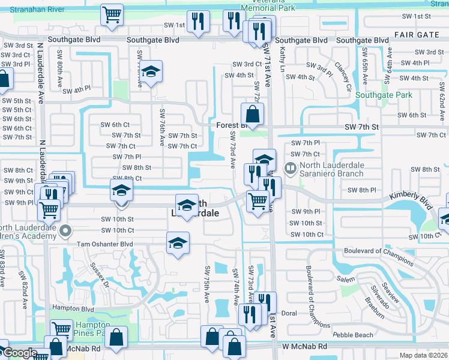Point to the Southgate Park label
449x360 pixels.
[383, 95]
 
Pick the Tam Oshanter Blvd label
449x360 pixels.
[105, 244]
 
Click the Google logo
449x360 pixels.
[19, 353]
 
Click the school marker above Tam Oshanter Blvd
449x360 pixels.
[178, 243]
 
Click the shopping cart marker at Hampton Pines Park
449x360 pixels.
[61, 329]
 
